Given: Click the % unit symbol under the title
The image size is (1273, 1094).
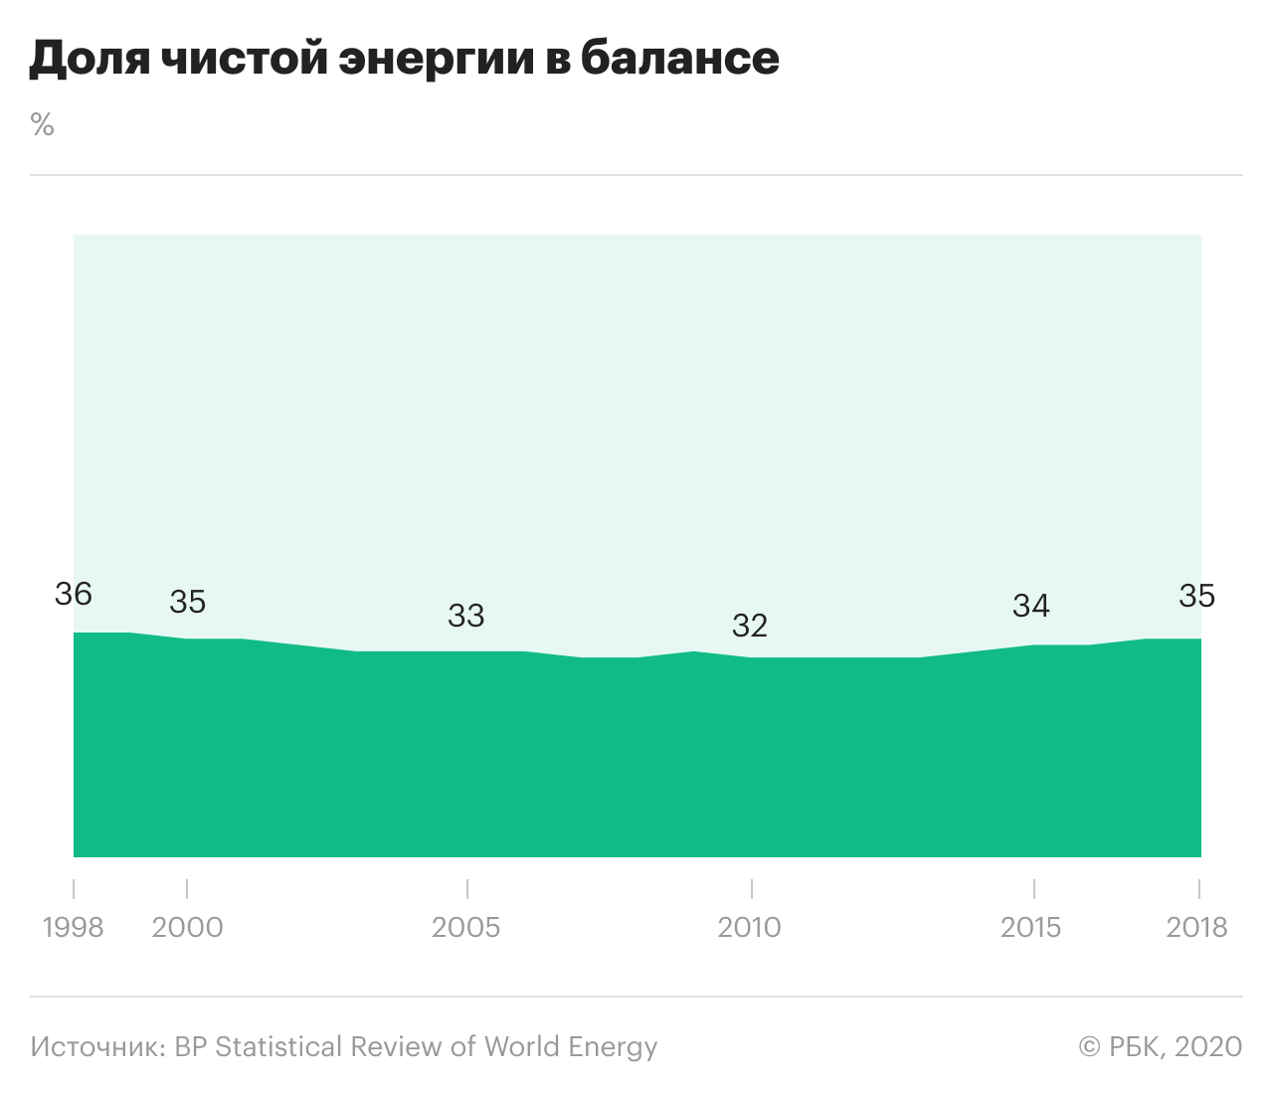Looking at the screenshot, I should tap(42, 125).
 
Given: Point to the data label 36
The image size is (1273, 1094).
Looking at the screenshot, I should tap(74, 594).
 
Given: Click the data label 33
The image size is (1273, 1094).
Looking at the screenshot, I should tap(465, 616).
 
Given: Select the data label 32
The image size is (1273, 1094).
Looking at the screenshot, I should tap(750, 625).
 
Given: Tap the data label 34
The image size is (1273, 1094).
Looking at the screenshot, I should tap(1031, 605).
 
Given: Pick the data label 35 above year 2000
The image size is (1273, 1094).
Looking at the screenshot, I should tap(188, 601).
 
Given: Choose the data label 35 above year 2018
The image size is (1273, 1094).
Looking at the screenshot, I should tap(1197, 595).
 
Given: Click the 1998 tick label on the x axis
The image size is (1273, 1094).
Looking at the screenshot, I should tap(74, 927).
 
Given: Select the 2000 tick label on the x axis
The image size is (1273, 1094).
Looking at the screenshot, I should tap(188, 927).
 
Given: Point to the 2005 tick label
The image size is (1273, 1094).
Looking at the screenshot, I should tap(465, 927).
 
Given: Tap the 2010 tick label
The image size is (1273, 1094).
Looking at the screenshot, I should tap(750, 927).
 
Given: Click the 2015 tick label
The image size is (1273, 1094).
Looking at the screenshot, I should tap(1031, 927).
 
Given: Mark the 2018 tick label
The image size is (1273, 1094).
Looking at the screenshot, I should tap(1197, 927).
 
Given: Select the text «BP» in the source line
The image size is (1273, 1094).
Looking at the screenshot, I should tap(191, 1046).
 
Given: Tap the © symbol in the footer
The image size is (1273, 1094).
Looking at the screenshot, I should tap(1091, 1046).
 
